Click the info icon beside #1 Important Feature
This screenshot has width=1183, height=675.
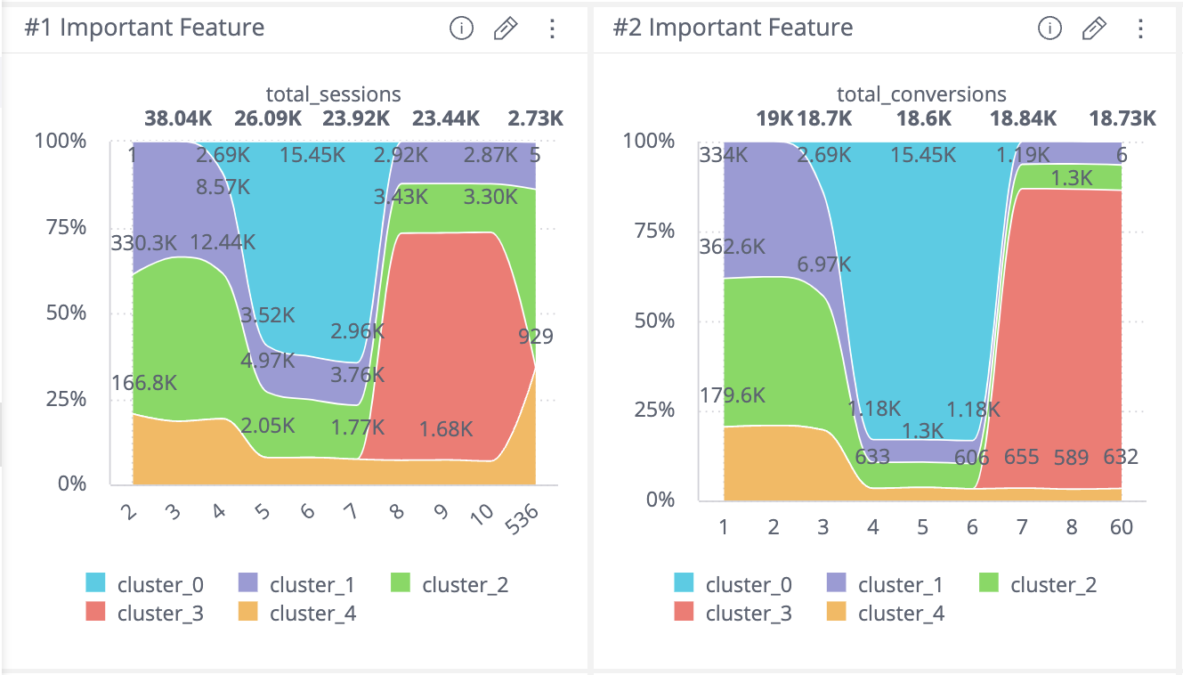click(x=461, y=28)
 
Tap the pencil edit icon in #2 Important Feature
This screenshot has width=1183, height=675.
click(x=1093, y=28)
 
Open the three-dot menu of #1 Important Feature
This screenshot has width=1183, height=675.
click(x=552, y=28)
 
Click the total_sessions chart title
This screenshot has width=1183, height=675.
click(x=333, y=94)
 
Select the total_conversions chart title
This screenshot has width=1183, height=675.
click(x=921, y=94)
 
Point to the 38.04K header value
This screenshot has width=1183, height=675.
click(x=178, y=118)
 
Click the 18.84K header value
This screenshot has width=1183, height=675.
click(x=1023, y=118)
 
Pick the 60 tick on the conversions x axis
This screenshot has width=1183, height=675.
click(x=1121, y=527)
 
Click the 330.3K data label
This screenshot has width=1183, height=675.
click(x=144, y=242)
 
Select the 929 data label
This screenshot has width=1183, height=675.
click(x=535, y=336)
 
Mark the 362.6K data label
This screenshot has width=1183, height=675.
click(x=733, y=247)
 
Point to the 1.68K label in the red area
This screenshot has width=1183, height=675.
click(x=445, y=428)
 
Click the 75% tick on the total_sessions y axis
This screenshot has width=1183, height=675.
click(x=68, y=227)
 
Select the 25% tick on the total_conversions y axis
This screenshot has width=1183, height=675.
click(x=656, y=410)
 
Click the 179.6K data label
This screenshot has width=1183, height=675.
click(x=733, y=394)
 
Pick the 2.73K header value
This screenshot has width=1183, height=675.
click(x=535, y=118)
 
